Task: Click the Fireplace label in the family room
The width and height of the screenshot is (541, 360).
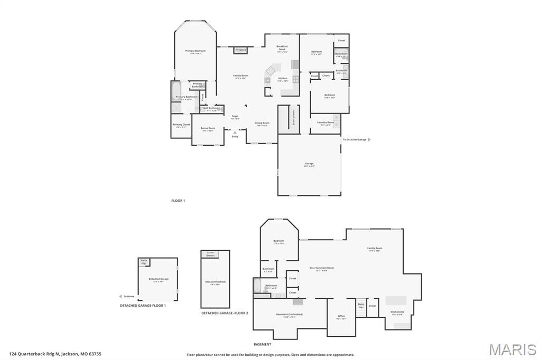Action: coord(240,50)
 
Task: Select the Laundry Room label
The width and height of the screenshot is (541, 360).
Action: coord(325,122)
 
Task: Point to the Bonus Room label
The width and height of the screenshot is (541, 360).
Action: coord(208,128)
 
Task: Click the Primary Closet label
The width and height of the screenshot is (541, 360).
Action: coord(181,125)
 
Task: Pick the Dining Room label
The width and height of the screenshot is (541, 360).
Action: coord(262,124)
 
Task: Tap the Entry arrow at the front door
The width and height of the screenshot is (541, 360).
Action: coord(235,132)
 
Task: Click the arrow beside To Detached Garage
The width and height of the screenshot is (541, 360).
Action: coord(369,139)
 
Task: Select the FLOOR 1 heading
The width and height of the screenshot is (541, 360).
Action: coord(178,201)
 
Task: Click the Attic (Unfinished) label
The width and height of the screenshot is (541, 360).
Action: coord(215,283)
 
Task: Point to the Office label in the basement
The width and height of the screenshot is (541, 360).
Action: coord(341,317)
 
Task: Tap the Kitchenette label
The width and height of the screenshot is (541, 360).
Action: coord(397,312)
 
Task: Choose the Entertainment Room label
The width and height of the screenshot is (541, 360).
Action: coord(322,268)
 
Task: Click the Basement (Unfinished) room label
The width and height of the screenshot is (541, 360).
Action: coord(290,315)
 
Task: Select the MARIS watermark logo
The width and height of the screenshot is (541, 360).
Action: coord(512,349)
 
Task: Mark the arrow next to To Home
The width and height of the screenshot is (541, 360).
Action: coord(120,296)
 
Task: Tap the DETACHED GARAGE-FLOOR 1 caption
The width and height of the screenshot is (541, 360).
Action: coord(143,306)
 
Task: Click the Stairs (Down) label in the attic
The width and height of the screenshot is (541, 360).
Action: coord(210,254)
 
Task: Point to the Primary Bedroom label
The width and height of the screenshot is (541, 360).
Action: coord(195,51)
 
